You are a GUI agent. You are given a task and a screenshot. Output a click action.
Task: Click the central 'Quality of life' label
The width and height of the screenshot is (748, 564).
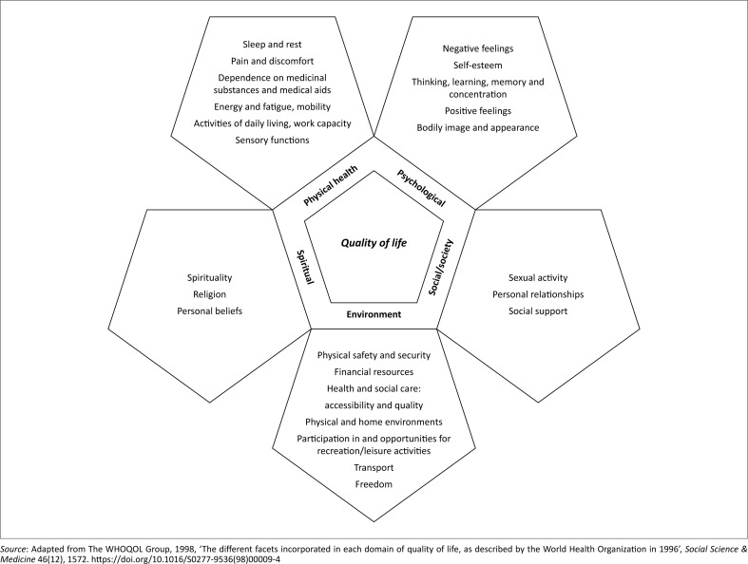click(x=374, y=242)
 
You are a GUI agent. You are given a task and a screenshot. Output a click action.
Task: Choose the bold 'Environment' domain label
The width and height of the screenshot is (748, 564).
click(x=374, y=313)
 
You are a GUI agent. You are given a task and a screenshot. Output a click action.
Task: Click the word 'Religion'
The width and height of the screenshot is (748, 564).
click(x=210, y=294)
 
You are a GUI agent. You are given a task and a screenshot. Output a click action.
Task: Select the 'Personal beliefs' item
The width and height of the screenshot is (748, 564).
click(x=210, y=310)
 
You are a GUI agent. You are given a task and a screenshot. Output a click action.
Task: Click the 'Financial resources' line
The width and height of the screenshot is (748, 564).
click(x=374, y=372)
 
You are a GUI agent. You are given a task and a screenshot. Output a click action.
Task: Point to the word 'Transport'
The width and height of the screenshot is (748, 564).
click(x=374, y=468)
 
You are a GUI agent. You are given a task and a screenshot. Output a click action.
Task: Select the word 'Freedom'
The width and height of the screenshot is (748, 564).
click(x=374, y=485)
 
